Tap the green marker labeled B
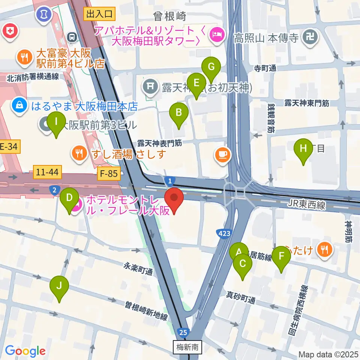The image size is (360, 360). [x=179, y=113]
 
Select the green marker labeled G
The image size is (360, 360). [x=211, y=68]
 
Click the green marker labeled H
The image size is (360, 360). [x=303, y=149]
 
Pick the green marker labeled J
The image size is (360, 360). [x=59, y=286]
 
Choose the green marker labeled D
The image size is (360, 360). [x=69, y=198]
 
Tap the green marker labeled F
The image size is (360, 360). [x=281, y=257]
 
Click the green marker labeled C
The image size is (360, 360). [x=242, y=264]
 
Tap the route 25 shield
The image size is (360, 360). [x=183, y=332]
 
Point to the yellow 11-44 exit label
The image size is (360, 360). [x=48, y=172]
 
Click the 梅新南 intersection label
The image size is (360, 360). [x=187, y=347]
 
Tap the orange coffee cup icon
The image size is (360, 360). [x=223, y=154]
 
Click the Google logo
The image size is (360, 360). [x=25, y=351]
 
